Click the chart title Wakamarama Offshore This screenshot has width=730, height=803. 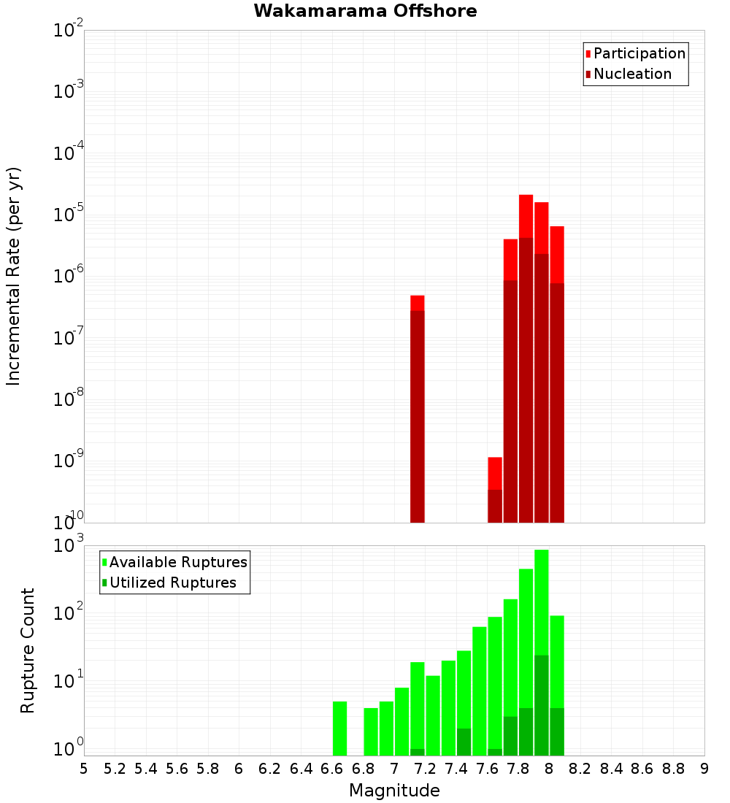365,11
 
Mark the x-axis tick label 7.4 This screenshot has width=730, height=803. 456,769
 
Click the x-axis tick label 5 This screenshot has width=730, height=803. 84,769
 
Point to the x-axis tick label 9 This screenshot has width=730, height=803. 704,769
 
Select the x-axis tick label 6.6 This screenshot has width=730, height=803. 332,769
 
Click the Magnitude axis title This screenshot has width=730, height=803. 394,791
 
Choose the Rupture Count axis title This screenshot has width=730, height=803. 28,650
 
